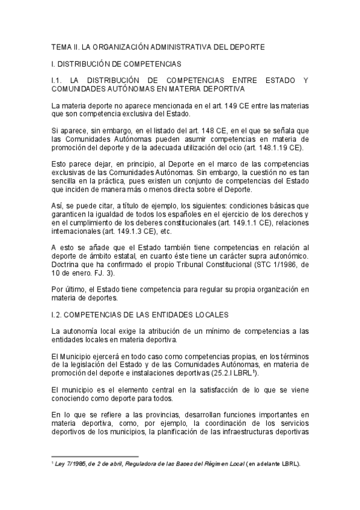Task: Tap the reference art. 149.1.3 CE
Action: click(x=104, y=232)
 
